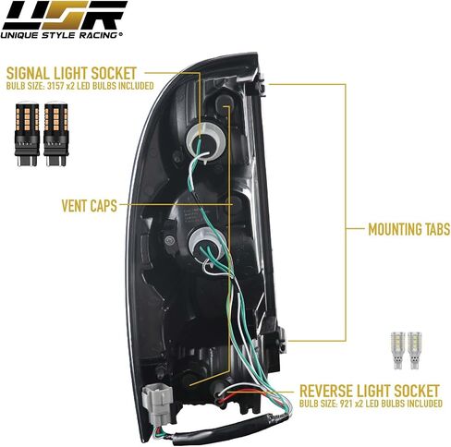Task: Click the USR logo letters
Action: pos(64,16)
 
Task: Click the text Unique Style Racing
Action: pos(59,35)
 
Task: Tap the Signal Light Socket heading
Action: pos(71,74)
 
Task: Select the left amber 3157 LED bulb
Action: pos(27,133)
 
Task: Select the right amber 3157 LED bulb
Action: pos(56,133)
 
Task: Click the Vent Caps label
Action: pos(90,206)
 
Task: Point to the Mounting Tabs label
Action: pos(409,229)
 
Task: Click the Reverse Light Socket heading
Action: pos(369,391)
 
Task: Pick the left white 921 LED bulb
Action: pos(397,350)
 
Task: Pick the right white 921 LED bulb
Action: pos(414,350)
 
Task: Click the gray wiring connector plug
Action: pos(156,402)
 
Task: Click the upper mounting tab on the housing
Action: pos(262,86)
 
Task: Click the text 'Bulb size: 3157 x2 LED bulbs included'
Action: pos(79,86)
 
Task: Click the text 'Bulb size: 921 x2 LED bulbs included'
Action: pos(371,403)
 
